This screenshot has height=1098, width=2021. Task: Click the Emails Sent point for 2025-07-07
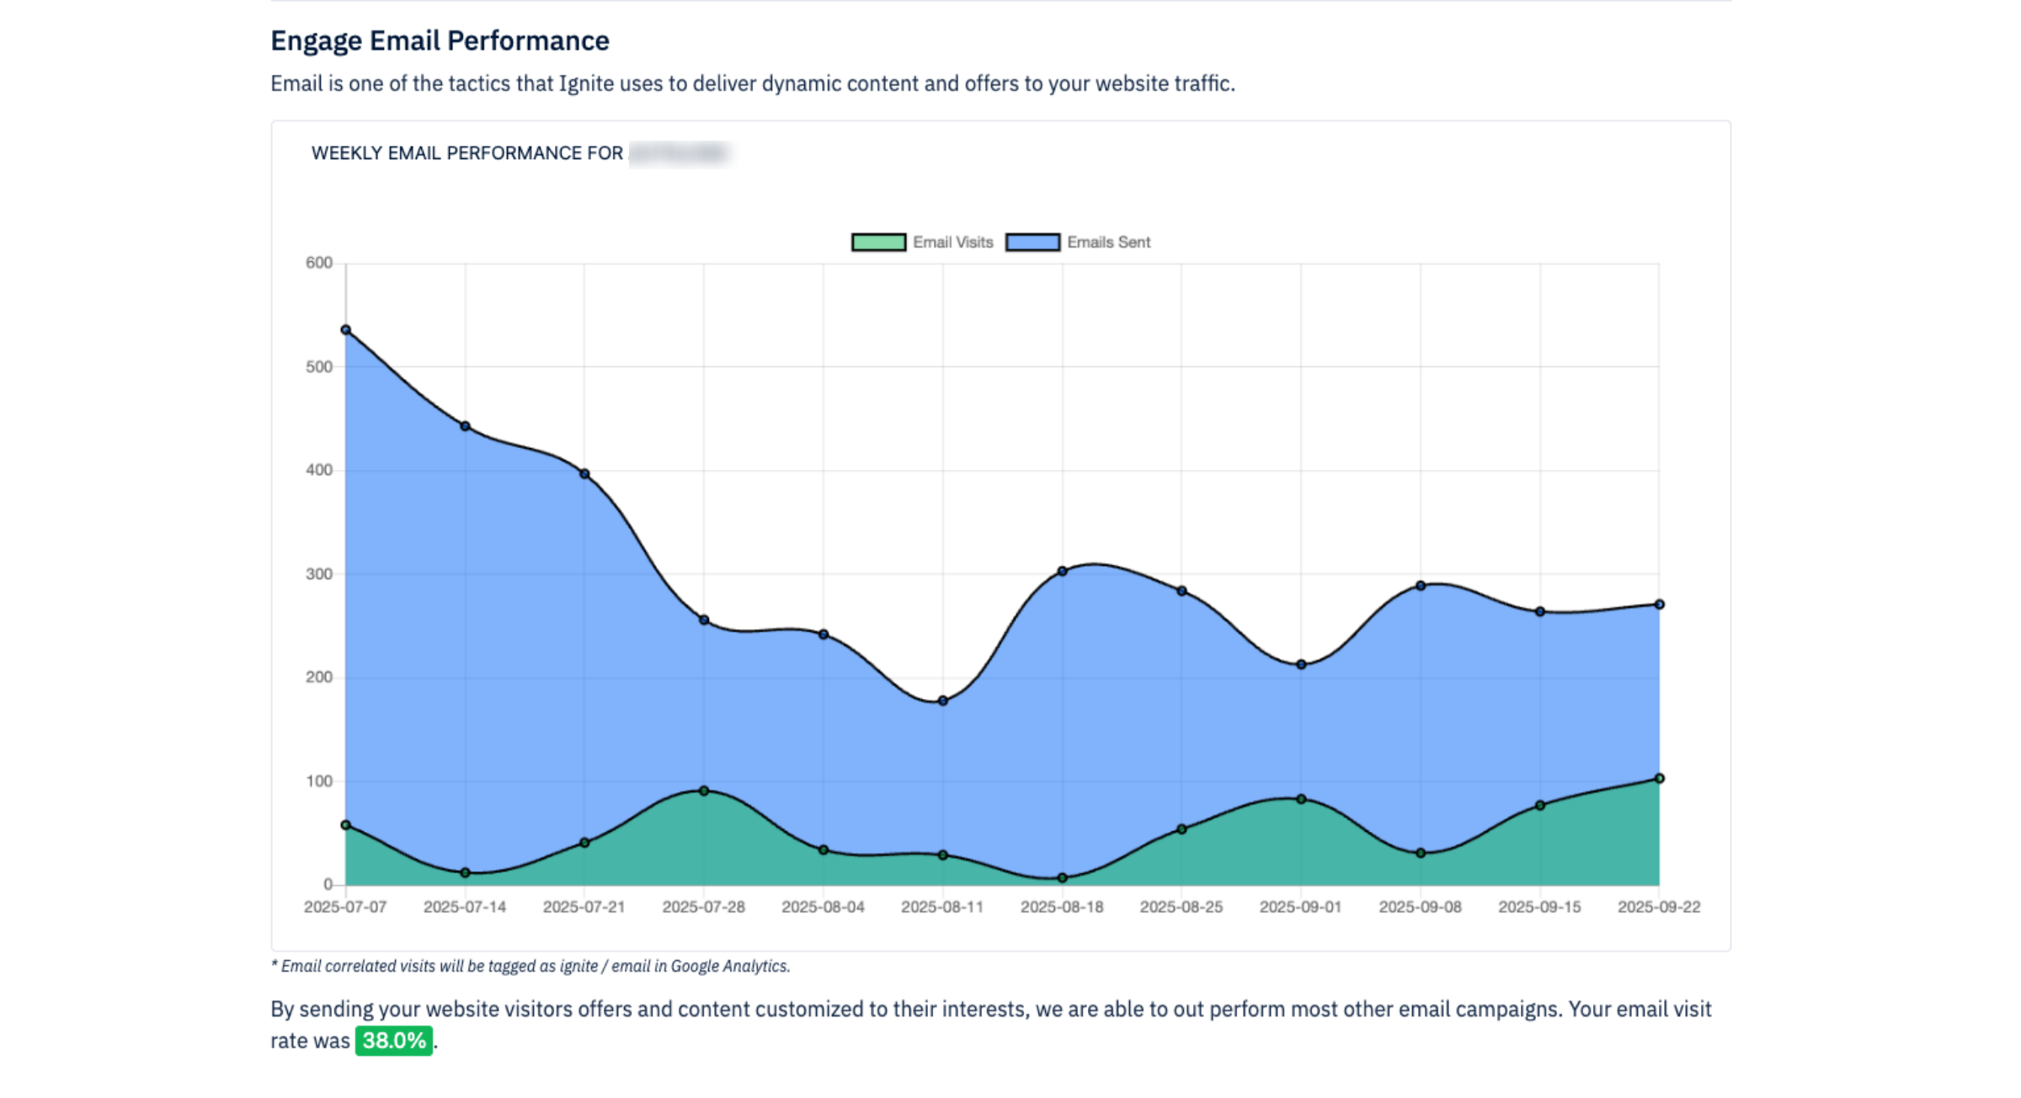pos(346,330)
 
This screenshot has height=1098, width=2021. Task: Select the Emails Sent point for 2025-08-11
pos(943,701)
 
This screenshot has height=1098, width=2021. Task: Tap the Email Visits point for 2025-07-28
pos(704,791)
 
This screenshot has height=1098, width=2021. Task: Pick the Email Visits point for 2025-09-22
pos(1660,778)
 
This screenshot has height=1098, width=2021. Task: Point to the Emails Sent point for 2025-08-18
pos(1063,571)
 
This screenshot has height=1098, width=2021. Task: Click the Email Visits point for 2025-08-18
pos(1063,877)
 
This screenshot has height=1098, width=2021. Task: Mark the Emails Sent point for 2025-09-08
pos(1421,585)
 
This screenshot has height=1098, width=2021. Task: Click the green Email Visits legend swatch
pos(878,243)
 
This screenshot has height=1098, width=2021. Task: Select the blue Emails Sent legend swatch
pos(1032,243)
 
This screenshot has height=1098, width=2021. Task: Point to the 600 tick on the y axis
pos(319,263)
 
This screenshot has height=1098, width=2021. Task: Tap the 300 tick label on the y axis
pos(319,574)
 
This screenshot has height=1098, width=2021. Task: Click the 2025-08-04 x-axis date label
pos(823,907)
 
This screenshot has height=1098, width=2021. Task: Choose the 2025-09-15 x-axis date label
pos(1539,907)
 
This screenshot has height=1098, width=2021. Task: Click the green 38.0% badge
pos(393,1041)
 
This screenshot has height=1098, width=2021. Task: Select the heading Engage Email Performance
pos(440,40)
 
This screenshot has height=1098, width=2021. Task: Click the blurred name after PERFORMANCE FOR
pos(679,153)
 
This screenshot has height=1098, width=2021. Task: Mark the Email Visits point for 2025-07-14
pos(466,872)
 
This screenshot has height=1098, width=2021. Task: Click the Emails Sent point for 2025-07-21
pos(584,474)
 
